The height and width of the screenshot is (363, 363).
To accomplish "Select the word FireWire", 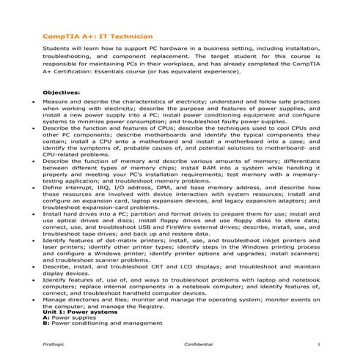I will (x=174, y=229).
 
